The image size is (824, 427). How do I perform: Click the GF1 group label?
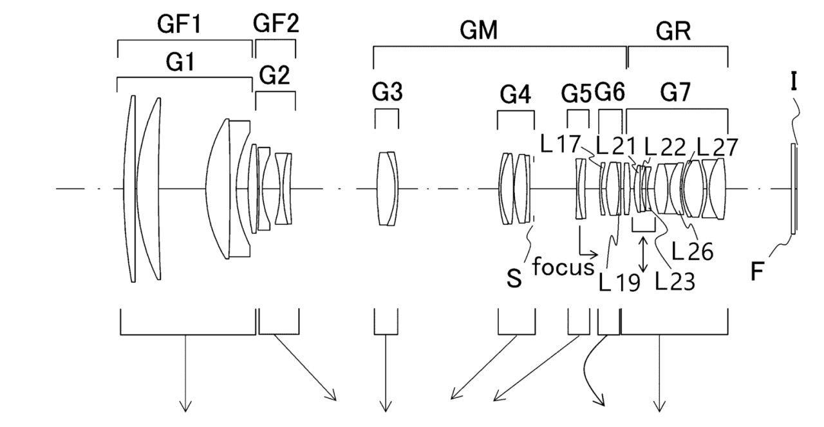(179, 24)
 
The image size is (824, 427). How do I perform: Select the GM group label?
(478, 30)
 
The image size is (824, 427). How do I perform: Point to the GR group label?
(673, 32)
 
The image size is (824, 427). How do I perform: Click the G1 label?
(180, 62)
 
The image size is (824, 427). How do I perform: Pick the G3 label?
(387, 91)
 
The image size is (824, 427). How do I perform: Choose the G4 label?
(515, 95)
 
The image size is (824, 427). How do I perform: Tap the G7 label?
(675, 92)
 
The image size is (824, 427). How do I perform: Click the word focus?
(563, 266)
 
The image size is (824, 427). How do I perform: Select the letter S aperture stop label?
(514, 279)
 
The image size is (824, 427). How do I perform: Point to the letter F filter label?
(756, 272)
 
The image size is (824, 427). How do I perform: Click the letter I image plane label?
(794, 82)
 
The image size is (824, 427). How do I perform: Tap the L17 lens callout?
(560, 144)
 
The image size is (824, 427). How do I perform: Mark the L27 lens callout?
(717, 147)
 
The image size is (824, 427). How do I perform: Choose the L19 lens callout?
(619, 282)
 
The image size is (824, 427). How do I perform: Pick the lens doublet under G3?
(388, 189)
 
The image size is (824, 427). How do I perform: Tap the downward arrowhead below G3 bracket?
(386, 406)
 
